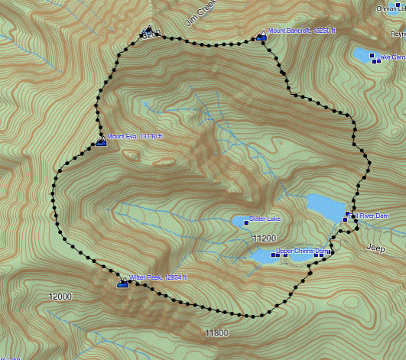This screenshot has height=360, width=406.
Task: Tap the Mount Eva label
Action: click(135, 137)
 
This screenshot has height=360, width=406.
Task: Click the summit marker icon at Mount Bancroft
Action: click(261, 35)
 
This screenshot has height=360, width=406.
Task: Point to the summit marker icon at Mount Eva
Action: click(101, 141)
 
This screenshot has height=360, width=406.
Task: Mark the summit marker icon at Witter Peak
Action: click(122, 284)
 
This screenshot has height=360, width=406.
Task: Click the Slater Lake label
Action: click(265, 219)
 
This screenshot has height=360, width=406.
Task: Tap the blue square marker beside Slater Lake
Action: click(245, 222)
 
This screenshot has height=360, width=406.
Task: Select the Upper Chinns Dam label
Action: click(301, 251)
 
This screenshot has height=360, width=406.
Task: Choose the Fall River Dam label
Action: click(372, 216)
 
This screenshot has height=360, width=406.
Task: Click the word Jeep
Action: click(375, 248)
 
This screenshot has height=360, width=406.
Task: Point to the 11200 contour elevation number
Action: click(265, 239)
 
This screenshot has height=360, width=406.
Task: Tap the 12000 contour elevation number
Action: click(60, 297)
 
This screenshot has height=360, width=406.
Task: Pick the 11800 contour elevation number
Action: click(216, 333)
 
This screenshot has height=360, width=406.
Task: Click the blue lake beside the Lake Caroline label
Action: click(361, 55)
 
